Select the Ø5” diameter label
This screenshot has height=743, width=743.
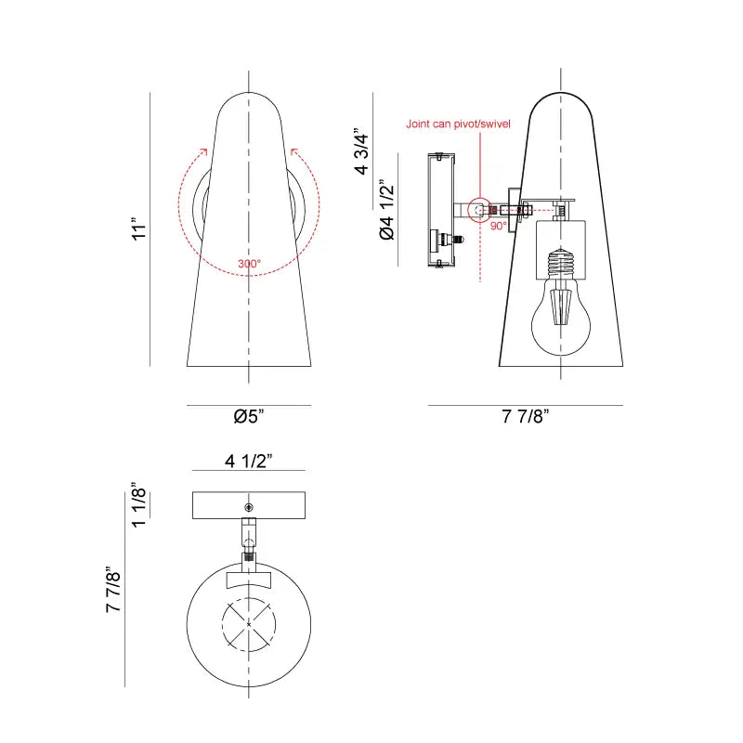249,416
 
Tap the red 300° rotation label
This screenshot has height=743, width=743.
249,264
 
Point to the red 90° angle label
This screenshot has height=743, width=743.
498,226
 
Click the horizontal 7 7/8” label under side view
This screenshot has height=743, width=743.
526,416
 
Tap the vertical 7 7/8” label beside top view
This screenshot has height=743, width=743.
114,591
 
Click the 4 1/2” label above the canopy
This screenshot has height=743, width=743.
248,462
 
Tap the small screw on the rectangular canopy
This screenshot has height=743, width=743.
248,506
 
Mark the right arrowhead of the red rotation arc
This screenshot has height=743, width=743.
293,150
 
